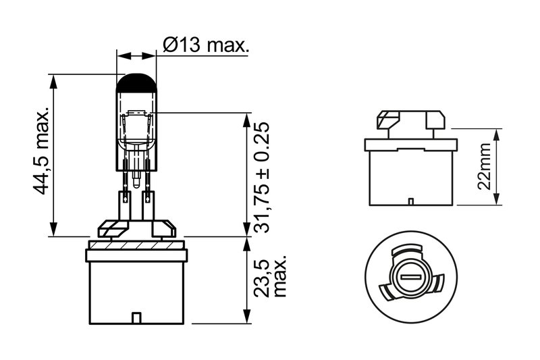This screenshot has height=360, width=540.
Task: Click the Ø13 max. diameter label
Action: coord(205,46)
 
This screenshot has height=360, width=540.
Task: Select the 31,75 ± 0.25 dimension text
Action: coord(264,178)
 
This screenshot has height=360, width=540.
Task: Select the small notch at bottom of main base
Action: coord(136,317)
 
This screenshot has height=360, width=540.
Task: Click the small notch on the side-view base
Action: coord(410,201)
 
